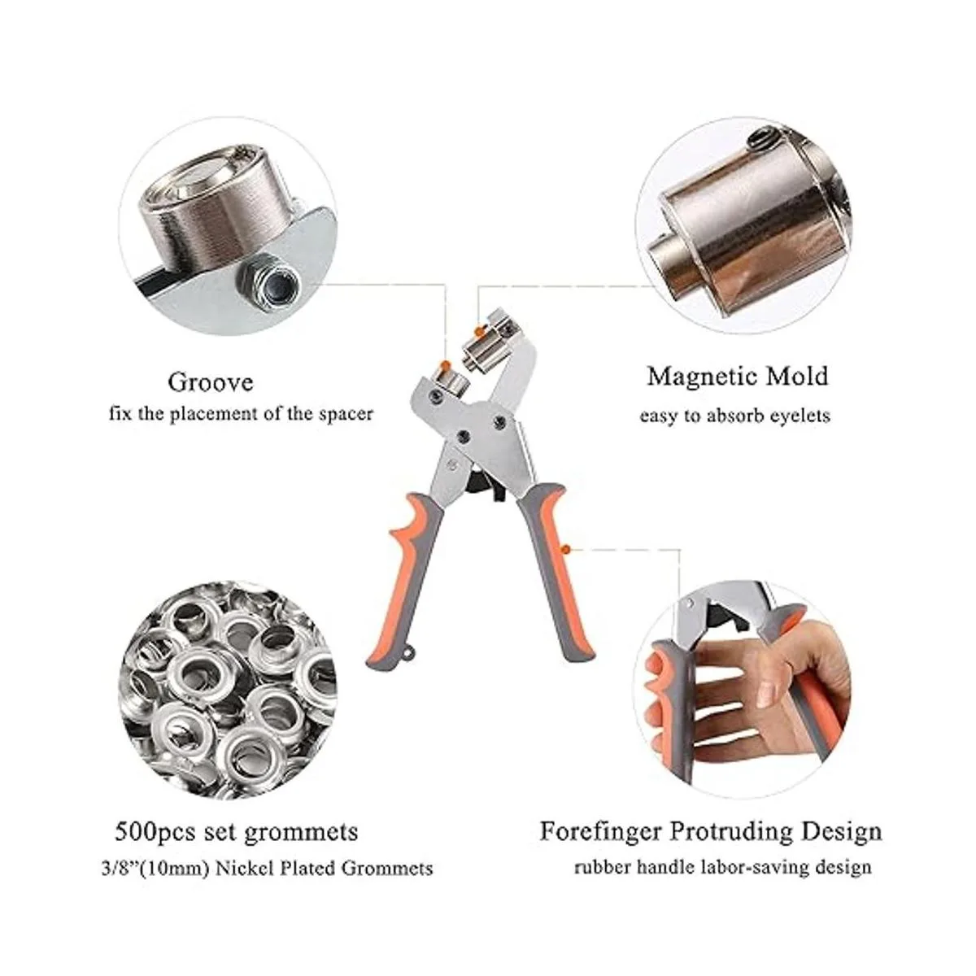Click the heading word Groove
point(210,382)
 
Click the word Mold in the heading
point(797,377)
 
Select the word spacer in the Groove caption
point(346,414)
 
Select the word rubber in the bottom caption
point(603,867)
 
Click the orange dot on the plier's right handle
point(566,548)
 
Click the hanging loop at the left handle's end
point(407,654)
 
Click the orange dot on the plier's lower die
point(445,364)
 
